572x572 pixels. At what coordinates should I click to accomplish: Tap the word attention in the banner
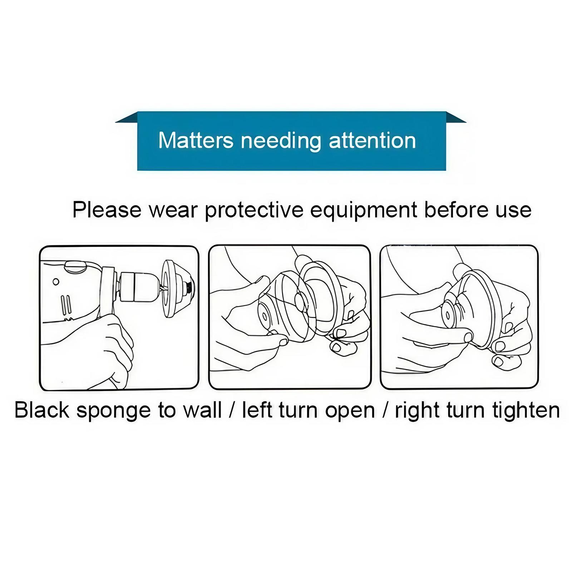pyautogui.click(x=372, y=140)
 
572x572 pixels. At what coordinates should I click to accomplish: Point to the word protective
pyautogui.click(x=254, y=211)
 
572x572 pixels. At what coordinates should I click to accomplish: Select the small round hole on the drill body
pyautogui.click(x=56, y=282)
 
